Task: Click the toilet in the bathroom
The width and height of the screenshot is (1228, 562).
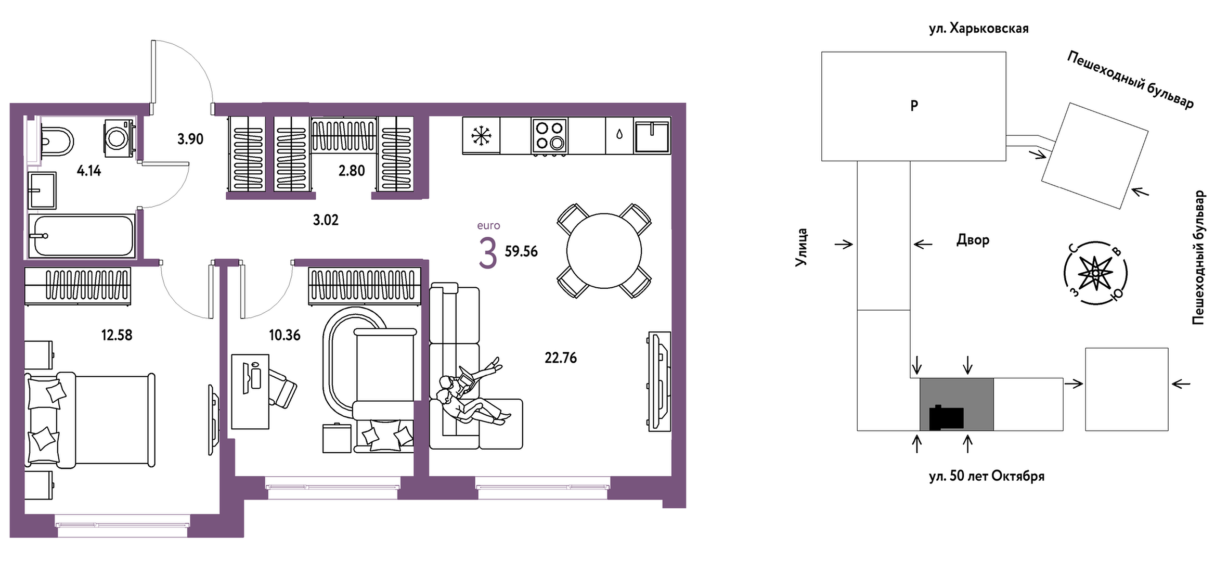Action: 56,140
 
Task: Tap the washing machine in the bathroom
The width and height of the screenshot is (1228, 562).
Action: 120,137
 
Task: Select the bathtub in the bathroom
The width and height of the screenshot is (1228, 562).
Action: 82,236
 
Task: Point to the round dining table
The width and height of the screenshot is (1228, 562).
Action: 604,251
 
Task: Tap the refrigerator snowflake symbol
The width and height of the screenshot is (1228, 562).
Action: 481,135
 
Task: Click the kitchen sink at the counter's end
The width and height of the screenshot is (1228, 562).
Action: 652,136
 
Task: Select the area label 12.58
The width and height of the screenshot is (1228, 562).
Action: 117,335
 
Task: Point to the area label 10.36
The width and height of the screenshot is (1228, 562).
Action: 285,335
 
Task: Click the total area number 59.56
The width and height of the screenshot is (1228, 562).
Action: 521,251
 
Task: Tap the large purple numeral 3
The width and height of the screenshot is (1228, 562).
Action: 487,253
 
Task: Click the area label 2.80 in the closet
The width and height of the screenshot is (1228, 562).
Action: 352,171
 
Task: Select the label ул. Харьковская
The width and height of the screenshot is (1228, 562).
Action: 979,29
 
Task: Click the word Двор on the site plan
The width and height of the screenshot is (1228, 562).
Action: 973,240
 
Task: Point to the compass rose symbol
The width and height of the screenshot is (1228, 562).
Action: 1095,273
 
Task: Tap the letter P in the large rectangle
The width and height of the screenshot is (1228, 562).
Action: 914,106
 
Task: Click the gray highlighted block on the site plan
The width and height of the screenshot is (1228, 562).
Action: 956,404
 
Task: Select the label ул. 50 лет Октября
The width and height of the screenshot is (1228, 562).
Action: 987,476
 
